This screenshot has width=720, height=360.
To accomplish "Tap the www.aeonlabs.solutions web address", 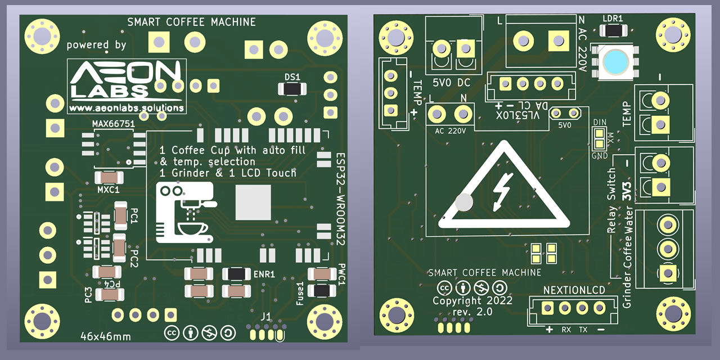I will point(126,107).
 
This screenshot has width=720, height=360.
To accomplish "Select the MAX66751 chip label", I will point(112,123).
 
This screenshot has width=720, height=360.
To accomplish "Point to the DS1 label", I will point(292,76).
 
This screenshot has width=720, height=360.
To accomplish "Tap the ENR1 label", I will point(264,274).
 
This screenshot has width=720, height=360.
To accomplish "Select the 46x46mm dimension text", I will point(105,336).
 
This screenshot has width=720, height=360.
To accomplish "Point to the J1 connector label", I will point(265,316).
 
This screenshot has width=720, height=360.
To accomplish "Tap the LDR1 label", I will point(613,18).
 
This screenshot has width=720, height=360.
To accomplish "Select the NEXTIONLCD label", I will point(574,290).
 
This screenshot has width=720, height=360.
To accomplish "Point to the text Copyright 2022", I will point(472,300).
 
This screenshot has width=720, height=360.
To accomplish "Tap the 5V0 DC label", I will point(451,83).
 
